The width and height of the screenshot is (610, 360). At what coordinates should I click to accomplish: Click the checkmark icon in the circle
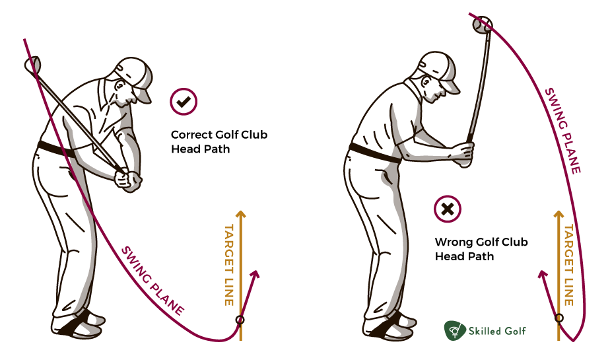click(x=184, y=102)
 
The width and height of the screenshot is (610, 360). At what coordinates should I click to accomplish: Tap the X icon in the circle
click(x=448, y=209)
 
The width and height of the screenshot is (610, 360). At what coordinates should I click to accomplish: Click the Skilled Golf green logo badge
click(x=455, y=330)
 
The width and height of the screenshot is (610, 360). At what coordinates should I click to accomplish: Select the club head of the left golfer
click(x=33, y=64)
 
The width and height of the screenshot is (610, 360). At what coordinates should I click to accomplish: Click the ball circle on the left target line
click(x=240, y=320)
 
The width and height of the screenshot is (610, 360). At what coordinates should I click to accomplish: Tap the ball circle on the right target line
click(x=559, y=318)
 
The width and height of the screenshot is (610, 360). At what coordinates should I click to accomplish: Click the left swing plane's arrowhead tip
click(x=258, y=271)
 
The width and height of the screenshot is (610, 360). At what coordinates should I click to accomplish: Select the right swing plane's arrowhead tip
click(x=541, y=271)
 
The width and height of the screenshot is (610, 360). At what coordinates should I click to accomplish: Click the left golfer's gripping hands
click(x=127, y=180)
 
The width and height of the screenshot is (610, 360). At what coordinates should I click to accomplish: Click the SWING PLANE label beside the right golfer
click(x=563, y=131)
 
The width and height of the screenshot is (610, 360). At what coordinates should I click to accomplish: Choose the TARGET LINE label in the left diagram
click(x=230, y=265)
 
